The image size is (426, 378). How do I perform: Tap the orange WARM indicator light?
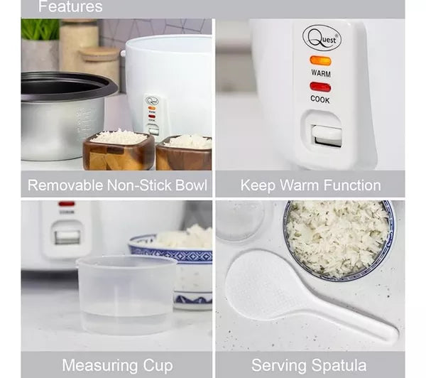coord(320,60)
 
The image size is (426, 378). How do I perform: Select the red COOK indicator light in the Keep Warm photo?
coord(320,87)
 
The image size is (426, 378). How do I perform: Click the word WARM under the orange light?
coord(320,72)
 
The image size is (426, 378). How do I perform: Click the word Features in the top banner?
coord(70,7)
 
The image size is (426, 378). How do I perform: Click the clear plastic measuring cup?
coord(126,294)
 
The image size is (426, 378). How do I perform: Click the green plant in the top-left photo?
coord(40,30)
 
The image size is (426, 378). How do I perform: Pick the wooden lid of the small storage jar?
coord(99,53)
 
